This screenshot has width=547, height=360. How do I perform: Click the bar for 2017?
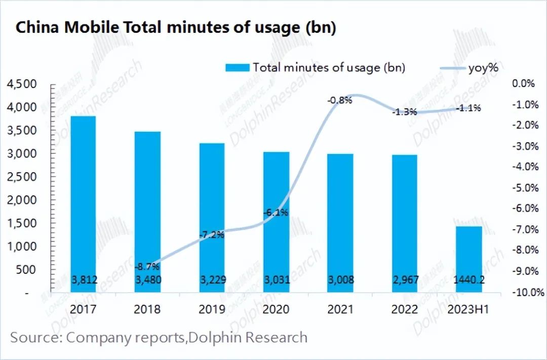(x=84, y=203)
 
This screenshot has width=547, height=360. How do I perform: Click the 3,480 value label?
(x=147, y=280)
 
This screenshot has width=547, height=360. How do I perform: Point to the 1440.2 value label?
(x=468, y=280)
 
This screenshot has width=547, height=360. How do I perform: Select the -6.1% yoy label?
(x=276, y=213)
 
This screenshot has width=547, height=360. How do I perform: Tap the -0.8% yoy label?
(x=340, y=100)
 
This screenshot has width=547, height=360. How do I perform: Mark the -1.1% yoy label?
(x=468, y=108)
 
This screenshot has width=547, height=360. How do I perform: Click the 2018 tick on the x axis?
(x=147, y=309)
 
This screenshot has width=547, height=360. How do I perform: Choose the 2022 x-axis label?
(x=404, y=309)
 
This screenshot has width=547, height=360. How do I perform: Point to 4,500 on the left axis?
(x=23, y=84)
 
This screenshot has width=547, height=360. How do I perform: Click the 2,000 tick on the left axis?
(x=23, y=200)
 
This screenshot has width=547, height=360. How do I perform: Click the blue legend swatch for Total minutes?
(x=237, y=67)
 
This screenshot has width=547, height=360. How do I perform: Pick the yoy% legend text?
(x=480, y=67)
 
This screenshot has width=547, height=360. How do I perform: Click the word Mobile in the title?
(x=94, y=28)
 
